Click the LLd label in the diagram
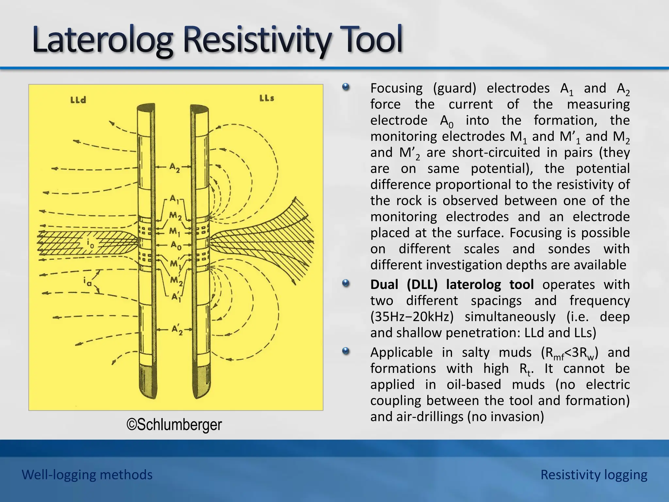[x=78, y=100]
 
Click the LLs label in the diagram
[x=267, y=98]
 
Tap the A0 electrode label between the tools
[x=176, y=245]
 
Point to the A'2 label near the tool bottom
[x=177, y=330]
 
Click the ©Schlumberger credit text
[x=174, y=425]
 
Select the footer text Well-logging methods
[x=87, y=475]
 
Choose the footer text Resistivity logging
[x=594, y=475]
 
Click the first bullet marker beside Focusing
[x=346, y=88]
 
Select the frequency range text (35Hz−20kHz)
[x=414, y=317]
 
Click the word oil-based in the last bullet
[x=474, y=384]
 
